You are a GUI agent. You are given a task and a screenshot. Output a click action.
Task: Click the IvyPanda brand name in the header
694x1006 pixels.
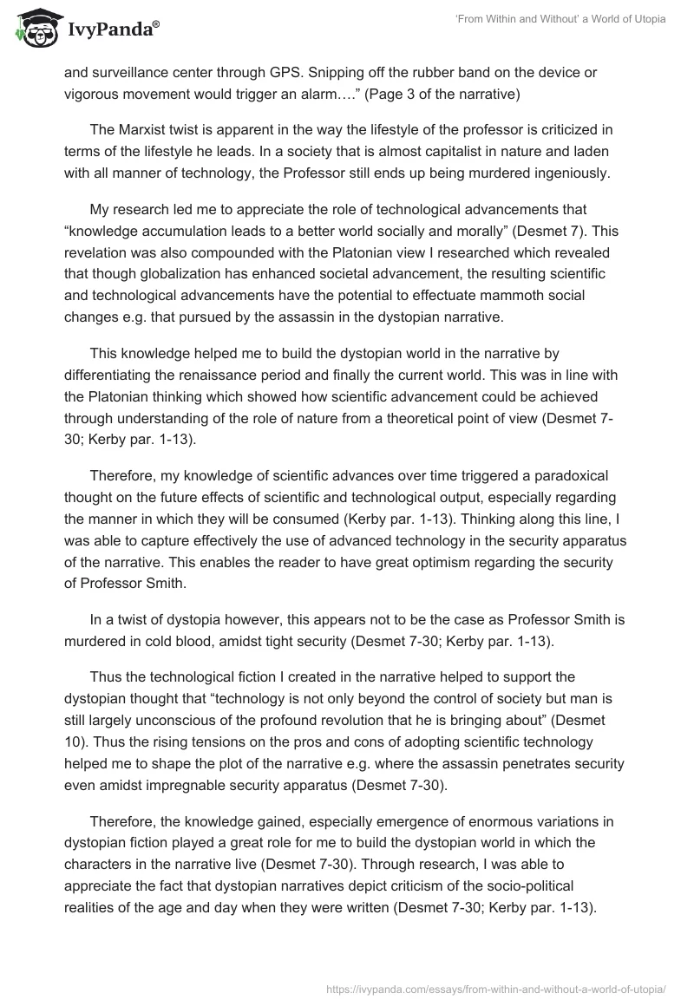click(x=112, y=29)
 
